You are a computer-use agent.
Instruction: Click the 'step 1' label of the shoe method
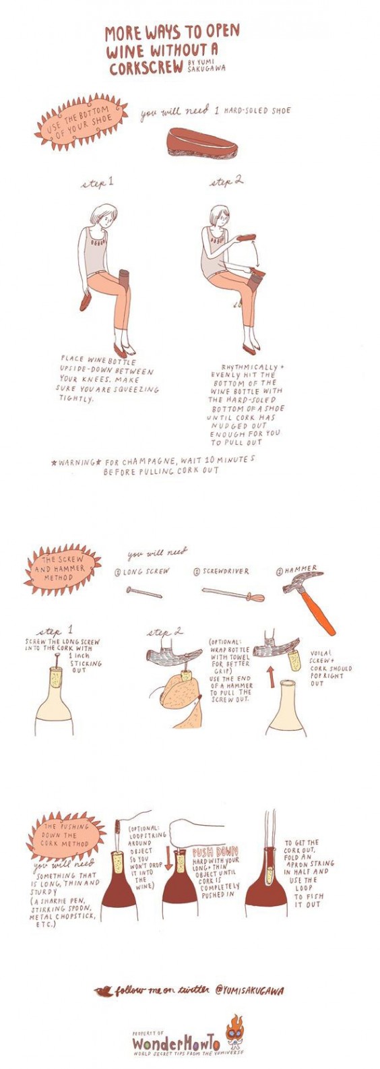(x=97, y=183)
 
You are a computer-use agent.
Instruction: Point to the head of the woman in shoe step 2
(x=220, y=216)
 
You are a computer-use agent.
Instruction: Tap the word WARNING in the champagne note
(x=77, y=464)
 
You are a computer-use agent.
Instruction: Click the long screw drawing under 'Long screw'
(x=144, y=592)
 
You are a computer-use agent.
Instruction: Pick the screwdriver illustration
(x=232, y=594)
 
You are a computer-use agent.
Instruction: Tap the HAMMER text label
(x=300, y=570)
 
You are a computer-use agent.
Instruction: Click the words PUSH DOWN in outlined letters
(x=215, y=852)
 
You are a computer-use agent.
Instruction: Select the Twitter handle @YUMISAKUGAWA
(x=249, y=991)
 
